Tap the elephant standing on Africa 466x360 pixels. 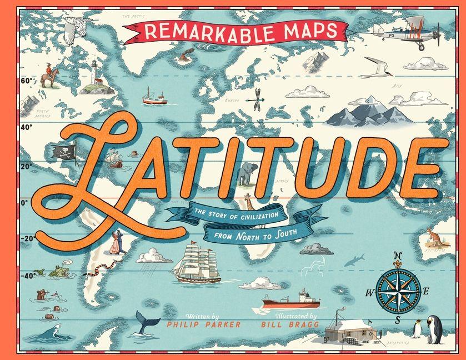[245, 174]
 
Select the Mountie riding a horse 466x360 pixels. [49, 76]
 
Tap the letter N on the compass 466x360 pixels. [397, 257]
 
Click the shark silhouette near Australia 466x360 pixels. [354, 259]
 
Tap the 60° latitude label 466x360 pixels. [27, 81]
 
